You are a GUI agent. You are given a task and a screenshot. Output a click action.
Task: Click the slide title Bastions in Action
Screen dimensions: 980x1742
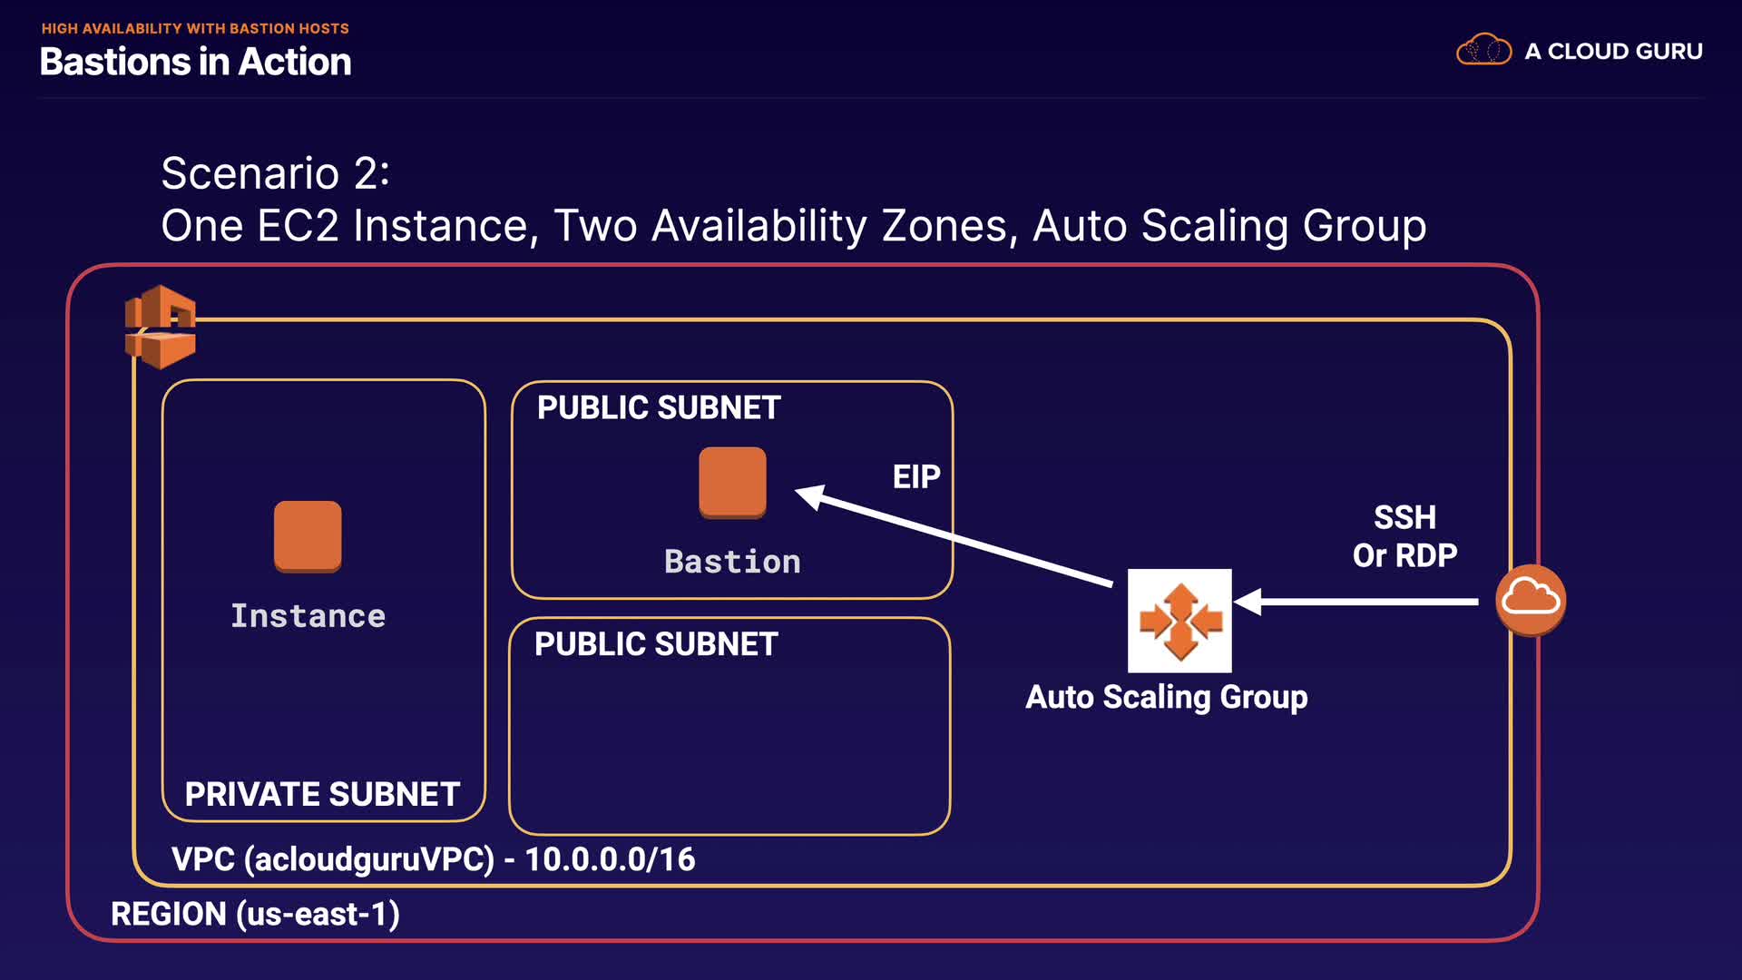tap(195, 62)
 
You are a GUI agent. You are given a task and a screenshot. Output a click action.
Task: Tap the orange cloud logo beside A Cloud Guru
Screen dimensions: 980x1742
tap(1483, 50)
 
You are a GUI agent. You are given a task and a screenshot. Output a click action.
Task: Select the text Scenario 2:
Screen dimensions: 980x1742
tap(275, 172)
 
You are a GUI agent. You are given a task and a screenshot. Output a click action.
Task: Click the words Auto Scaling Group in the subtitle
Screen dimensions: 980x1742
tap(1228, 225)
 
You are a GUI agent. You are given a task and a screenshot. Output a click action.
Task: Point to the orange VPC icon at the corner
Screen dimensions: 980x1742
tap(161, 327)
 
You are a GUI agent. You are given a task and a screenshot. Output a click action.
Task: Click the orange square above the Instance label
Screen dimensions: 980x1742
tap(308, 536)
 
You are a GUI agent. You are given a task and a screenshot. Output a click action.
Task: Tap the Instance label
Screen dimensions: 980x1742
tap(308, 616)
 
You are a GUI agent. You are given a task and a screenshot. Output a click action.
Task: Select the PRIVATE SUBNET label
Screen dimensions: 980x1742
tap(322, 794)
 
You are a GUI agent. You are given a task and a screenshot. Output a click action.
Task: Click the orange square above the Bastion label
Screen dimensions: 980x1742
tap(732, 482)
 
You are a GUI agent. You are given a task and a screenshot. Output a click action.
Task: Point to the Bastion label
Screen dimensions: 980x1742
tap(732, 562)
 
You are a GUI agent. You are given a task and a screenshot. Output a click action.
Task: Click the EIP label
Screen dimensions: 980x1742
tap(915, 476)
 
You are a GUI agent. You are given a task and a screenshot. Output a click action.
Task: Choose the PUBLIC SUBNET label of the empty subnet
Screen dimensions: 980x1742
tap(656, 644)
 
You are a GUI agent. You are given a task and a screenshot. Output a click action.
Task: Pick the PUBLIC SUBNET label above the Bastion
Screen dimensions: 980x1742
tap(659, 407)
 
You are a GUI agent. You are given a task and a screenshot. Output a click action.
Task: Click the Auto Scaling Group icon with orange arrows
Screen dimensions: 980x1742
tap(1179, 621)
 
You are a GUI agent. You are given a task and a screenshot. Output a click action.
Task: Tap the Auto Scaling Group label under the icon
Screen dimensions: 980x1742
tap(1167, 697)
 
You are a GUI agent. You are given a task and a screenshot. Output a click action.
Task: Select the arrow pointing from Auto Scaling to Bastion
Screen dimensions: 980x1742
tap(953, 537)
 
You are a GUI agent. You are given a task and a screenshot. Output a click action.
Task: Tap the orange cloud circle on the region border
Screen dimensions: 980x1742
tap(1531, 600)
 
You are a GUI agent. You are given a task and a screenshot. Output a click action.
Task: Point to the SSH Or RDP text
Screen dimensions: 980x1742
tap(1404, 536)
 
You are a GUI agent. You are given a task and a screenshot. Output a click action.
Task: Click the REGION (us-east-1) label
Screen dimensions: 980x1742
tap(255, 914)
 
